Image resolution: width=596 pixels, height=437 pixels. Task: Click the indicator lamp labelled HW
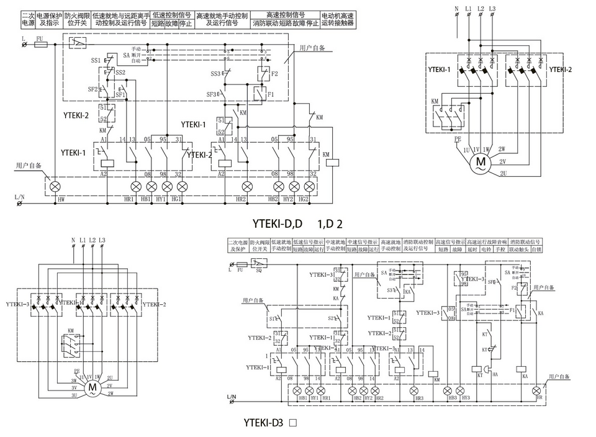55,186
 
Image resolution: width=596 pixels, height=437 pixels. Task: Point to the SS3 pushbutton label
214,74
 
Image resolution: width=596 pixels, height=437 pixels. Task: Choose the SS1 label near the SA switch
95,60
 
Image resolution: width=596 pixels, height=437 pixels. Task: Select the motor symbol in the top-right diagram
480,163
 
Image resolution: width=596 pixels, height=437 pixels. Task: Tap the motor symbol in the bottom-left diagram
93,388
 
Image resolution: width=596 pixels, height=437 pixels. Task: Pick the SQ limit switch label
259,271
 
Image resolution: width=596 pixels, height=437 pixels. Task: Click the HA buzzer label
495,374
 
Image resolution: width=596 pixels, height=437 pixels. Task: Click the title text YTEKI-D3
264,423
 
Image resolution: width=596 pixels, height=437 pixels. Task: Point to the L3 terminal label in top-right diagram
492,9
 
